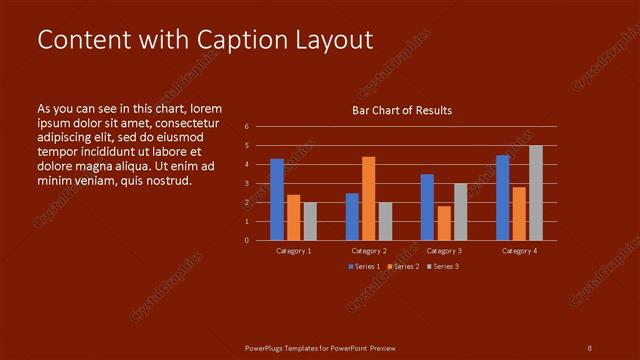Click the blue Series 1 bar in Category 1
point(277,199)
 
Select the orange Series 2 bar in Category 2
point(369,198)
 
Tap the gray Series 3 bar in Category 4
point(536,193)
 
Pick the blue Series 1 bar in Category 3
point(427,207)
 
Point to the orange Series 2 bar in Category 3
point(444,223)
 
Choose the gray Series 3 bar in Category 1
point(309,221)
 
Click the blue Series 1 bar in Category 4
point(503,197)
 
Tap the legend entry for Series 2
point(403,266)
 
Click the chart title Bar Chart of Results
point(402,110)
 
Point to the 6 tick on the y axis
point(247,127)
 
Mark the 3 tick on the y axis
point(247,184)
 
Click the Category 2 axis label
point(369,251)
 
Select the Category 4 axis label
point(519,251)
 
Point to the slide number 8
point(589,347)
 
